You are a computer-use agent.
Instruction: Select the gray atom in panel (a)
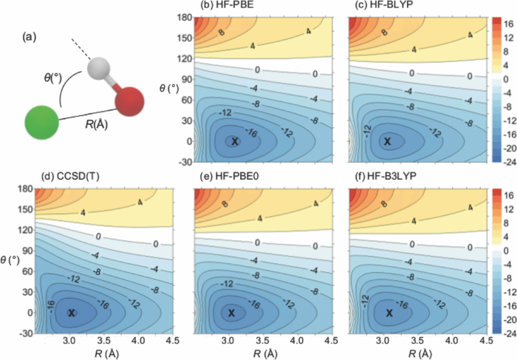point(97,69)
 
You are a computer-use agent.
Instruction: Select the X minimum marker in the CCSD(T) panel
point(72,313)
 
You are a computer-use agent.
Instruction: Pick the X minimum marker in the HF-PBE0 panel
point(232,313)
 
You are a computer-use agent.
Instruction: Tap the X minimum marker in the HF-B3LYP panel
point(389,313)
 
